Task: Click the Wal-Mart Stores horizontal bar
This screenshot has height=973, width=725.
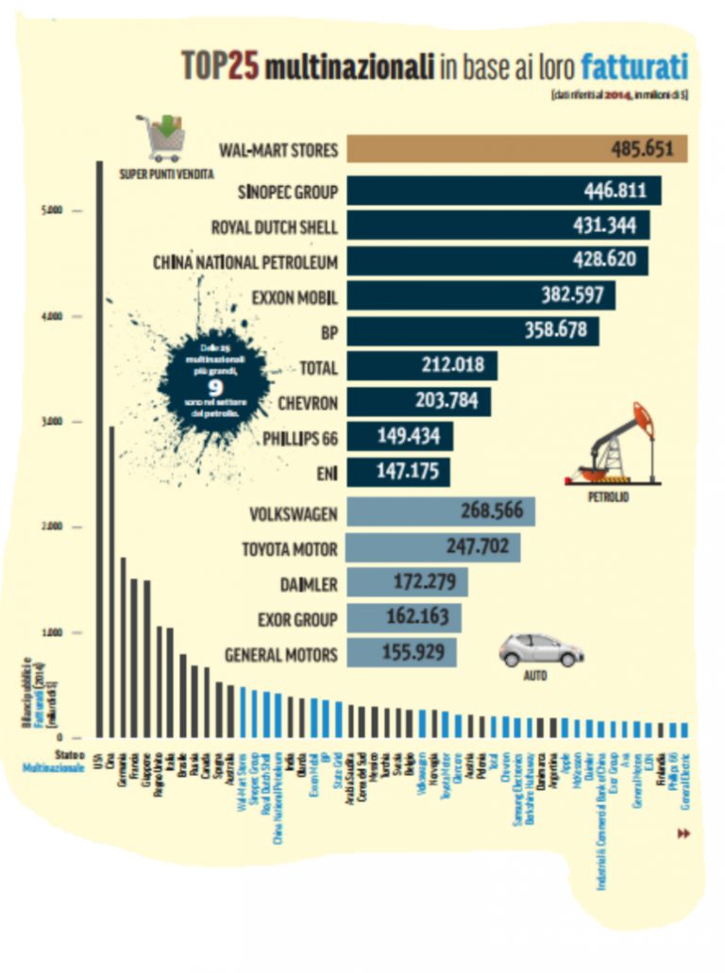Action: coord(516,149)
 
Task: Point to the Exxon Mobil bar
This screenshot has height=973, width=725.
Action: coord(481,295)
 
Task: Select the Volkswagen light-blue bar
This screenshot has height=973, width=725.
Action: coord(441,512)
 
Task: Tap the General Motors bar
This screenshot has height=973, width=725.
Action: coord(401,652)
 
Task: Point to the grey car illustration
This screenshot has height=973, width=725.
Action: coord(541,649)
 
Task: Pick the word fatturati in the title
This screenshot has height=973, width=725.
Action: coord(633,67)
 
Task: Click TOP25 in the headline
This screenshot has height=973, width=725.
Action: coord(220,67)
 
